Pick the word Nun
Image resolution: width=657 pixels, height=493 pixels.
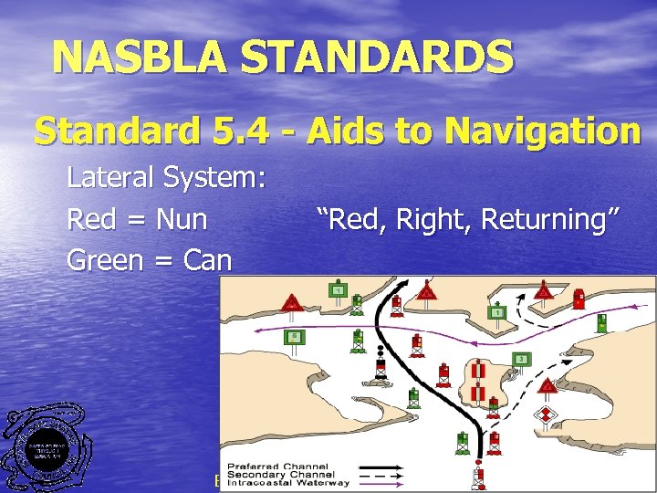coord(181,219)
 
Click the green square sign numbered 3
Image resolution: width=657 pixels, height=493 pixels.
coord(521,359)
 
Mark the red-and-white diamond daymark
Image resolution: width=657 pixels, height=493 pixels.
coord(546,416)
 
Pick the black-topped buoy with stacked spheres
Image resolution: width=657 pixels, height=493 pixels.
coord(380,367)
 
